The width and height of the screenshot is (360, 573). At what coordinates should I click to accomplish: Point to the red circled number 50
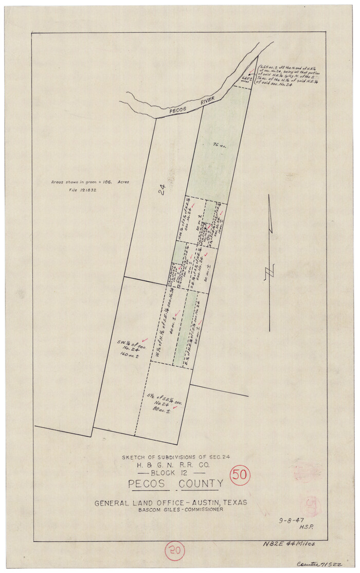point(240,475)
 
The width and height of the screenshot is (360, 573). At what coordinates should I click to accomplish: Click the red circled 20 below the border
point(175,552)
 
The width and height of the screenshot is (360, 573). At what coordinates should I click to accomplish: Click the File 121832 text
point(83,190)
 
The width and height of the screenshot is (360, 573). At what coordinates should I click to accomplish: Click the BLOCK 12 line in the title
point(172,472)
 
